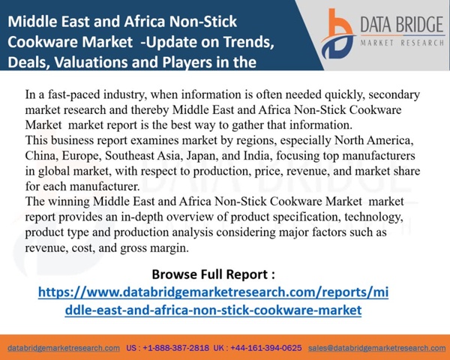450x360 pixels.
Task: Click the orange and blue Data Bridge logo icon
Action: pos(338,34)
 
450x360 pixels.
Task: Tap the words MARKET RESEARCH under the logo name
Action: pos(402,43)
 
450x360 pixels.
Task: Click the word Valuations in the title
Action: pos(102,62)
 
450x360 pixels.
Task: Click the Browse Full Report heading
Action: pos(213,274)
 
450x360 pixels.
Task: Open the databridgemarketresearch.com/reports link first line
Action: pos(213,292)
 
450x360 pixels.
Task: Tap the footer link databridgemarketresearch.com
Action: pos(64,348)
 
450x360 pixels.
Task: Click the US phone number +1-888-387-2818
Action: pos(176,348)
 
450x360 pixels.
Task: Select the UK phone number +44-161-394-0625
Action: pos(266,348)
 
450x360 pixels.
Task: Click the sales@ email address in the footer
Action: pos(376,348)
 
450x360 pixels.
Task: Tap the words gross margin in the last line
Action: pos(154,248)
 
